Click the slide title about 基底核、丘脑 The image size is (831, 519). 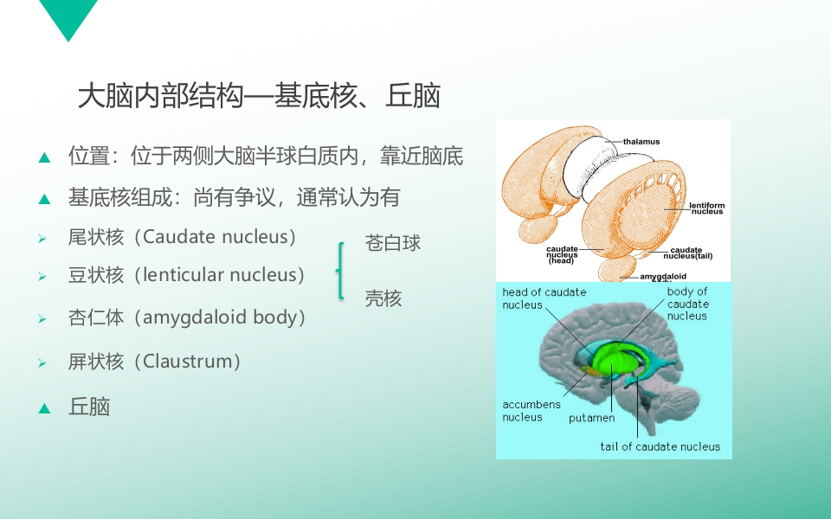[259, 96]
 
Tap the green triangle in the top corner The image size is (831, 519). [68, 19]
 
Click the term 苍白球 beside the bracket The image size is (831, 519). [393, 242]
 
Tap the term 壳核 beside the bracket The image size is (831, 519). [383, 298]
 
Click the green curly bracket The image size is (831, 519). [339, 271]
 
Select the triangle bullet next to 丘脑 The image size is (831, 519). [44, 408]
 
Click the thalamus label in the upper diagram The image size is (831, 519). [641, 141]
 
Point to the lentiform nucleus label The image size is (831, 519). [707, 208]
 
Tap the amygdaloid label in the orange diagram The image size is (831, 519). [663, 277]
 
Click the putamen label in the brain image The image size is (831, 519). [591, 418]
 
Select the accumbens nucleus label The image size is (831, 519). [531, 410]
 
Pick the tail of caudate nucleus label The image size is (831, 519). [660, 446]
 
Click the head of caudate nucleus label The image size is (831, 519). [544, 298]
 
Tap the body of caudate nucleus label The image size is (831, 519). [687, 304]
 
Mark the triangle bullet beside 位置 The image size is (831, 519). [44, 157]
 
